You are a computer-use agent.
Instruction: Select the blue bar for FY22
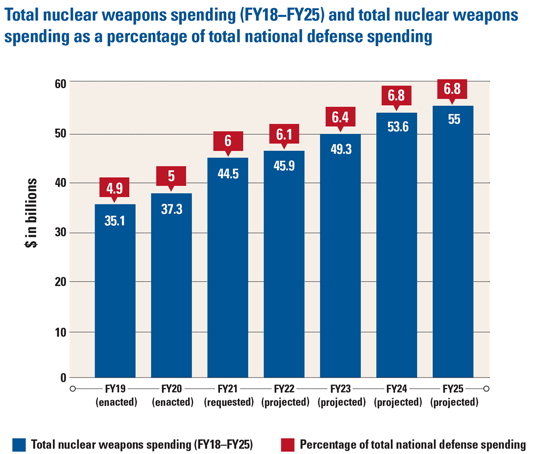(284, 270)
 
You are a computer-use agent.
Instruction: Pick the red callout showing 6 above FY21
(228, 141)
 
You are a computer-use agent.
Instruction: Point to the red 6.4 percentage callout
(340, 117)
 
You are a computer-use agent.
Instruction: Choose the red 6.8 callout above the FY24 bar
(397, 96)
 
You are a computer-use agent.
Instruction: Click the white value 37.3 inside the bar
(171, 209)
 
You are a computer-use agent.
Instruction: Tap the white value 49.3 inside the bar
(340, 150)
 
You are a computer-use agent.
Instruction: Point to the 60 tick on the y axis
(60, 84)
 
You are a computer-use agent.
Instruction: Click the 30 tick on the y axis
(60, 233)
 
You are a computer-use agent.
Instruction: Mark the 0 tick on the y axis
(63, 378)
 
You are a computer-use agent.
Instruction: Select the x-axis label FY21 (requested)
(229, 396)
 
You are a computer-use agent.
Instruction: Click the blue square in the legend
(20, 445)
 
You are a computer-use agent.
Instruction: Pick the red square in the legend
(287, 445)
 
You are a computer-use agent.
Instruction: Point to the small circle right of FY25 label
(486, 389)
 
